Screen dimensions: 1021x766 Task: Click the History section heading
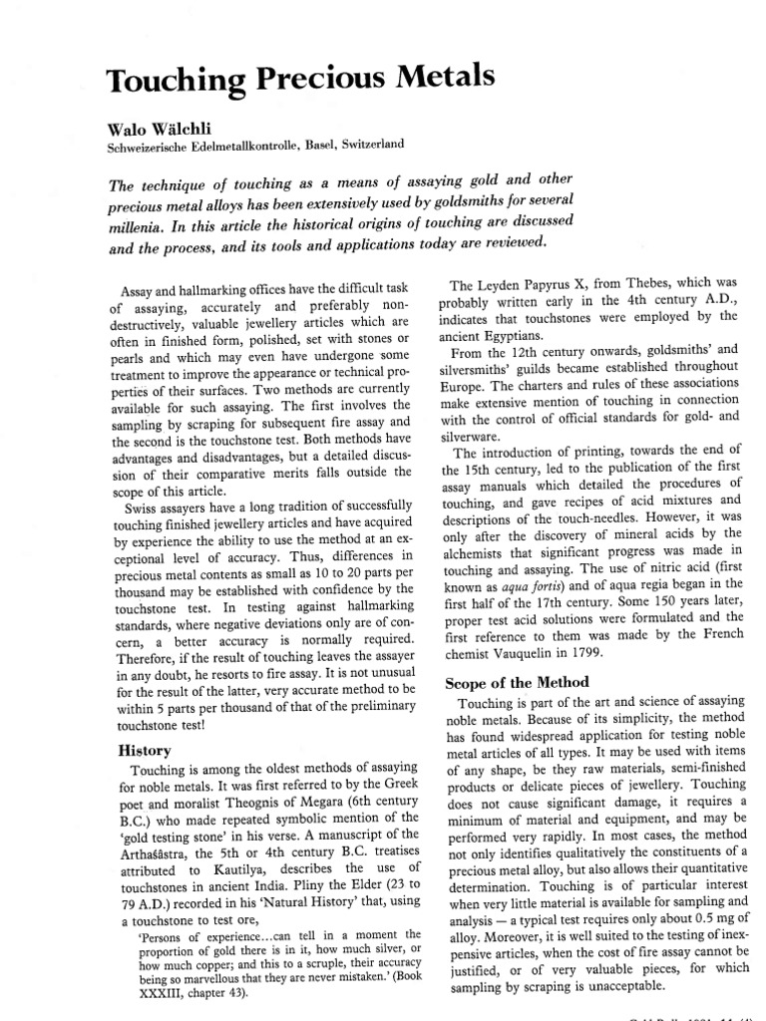click(x=145, y=749)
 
